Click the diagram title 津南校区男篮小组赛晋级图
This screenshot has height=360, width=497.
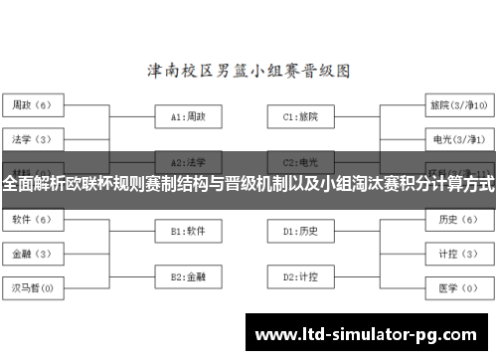coord(248,71)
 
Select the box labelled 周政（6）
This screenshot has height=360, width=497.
coord(32,103)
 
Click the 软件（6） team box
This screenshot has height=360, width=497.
coord(32,218)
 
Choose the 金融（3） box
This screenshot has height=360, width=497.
coord(32,253)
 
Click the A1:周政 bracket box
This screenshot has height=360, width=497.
coord(188,116)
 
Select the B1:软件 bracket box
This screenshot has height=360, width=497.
coord(188,231)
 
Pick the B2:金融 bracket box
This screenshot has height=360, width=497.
coord(188,275)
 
